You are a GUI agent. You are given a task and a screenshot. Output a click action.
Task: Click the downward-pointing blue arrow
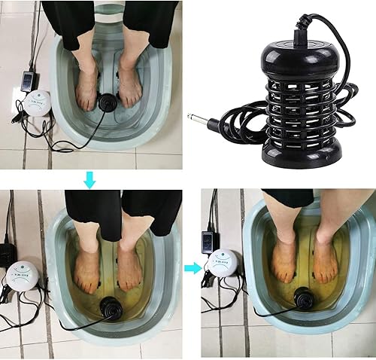coord(89,178)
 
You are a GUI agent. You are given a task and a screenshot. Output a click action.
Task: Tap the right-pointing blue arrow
coord(193,267)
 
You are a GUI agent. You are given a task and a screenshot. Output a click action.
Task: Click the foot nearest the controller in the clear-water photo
coord(87,83)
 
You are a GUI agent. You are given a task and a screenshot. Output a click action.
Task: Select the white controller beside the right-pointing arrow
coord(222,263)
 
